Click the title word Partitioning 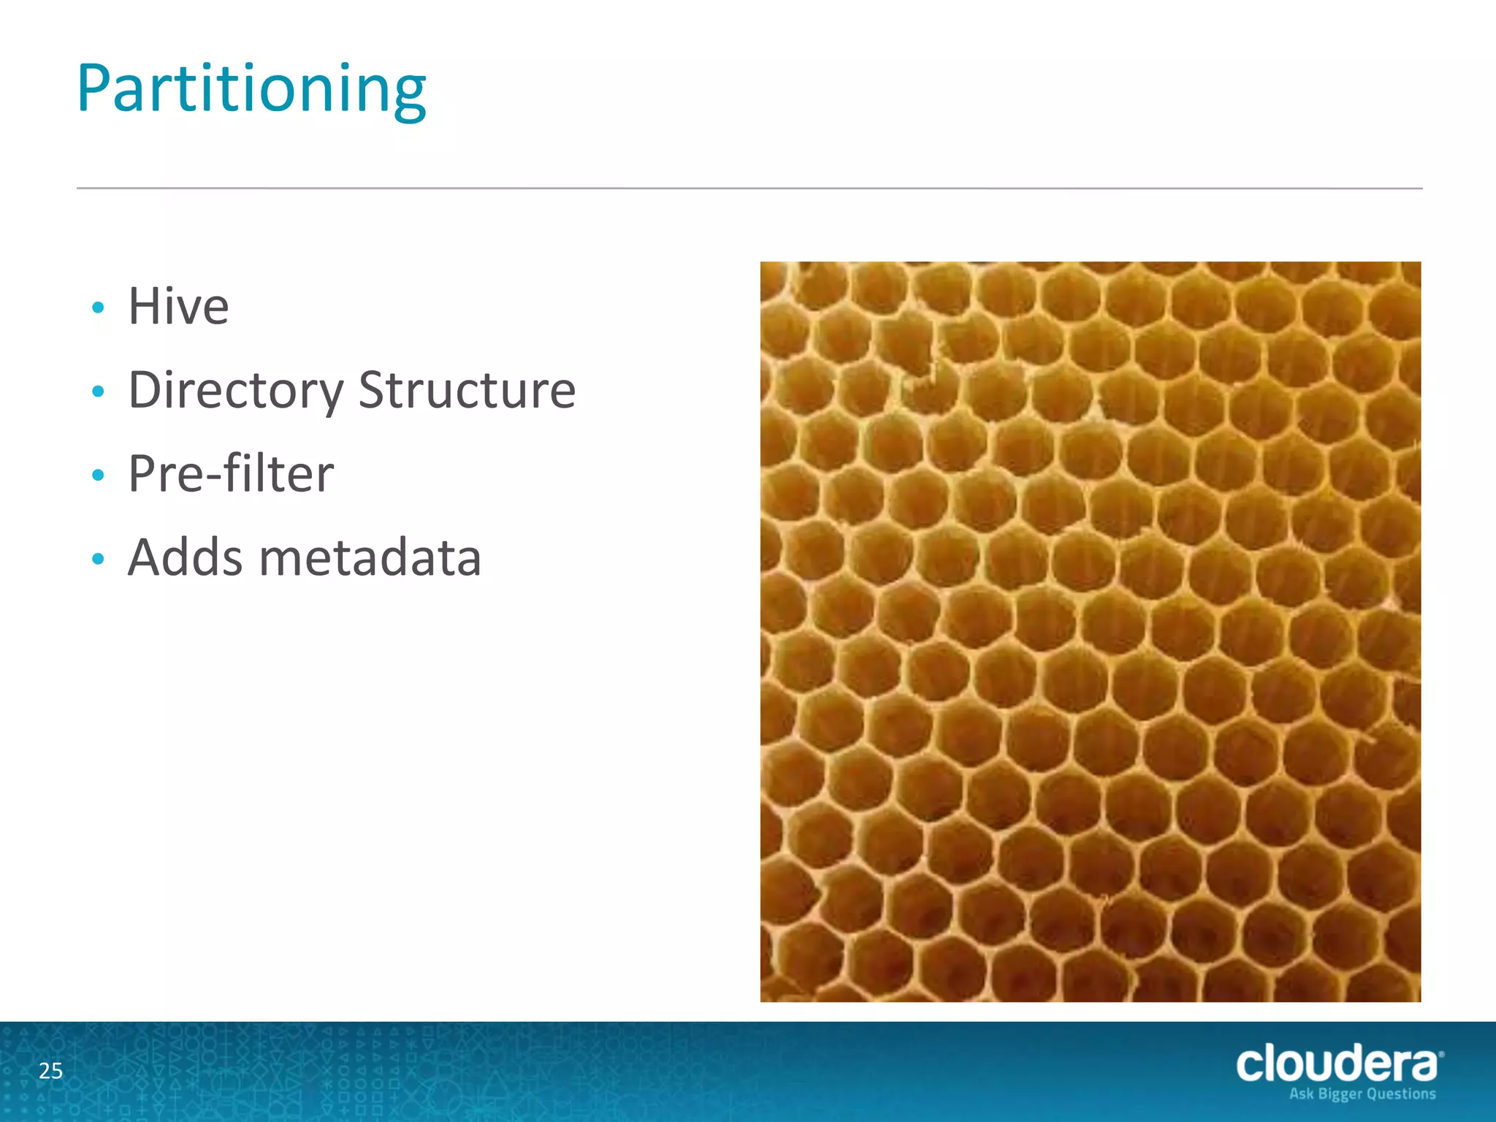coord(251,90)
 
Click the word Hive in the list coord(178,306)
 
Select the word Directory coord(235,391)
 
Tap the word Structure coord(467,390)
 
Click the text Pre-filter coord(231,474)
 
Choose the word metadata coord(370,558)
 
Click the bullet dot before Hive coord(99,308)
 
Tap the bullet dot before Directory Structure coord(99,392)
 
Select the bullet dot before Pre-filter coord(99,476)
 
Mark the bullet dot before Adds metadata coord(99,560)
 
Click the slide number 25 coord(50,1071)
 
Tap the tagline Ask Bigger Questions coord(1362,1094)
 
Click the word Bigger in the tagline coord(1341,1094)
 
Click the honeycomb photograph coord(1090,631)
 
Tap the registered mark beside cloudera coord(1440,1054)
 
